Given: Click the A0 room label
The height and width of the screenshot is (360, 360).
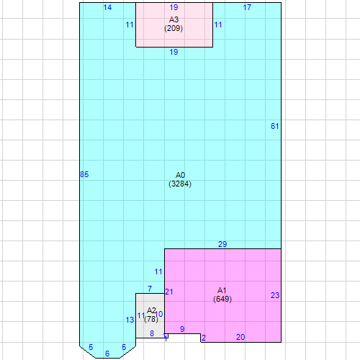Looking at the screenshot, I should (x=181, y=175).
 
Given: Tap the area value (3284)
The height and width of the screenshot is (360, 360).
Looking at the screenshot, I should (x=180, y=184).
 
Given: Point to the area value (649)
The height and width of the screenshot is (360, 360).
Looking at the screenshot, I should (x=222, y=299).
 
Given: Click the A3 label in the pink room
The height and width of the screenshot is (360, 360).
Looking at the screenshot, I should (x=174, y=19).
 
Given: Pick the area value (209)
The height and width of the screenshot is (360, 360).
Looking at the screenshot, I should (x=174, y=29).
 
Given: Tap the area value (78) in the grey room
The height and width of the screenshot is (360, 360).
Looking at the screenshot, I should (x=151, y=319).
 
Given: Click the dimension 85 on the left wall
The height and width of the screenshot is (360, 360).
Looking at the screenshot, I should (x=84, y=174).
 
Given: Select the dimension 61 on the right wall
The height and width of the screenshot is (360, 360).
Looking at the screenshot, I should (x=274, y=127).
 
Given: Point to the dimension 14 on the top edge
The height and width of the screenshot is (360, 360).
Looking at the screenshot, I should (x=107, y=7).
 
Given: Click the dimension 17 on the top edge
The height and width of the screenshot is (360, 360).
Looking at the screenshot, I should (x=247, y=7).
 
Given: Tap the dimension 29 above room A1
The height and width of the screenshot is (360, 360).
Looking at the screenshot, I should (x=222, y=244).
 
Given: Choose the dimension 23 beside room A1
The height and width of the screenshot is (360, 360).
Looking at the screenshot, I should (x=275, y=295).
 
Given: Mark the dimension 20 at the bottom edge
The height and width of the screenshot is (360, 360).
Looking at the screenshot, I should (x=240, y=337).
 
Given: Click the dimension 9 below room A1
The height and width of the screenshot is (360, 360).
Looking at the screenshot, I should (x=182, y=329).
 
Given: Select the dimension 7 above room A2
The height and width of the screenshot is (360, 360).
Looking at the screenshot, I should (x=150, y=289).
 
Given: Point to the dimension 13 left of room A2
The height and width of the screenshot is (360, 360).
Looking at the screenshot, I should (x=130, y=320).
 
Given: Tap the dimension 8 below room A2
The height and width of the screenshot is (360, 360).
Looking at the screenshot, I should (x=152, y=333).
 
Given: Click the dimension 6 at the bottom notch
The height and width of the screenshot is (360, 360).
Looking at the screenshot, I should (x=107, y=354).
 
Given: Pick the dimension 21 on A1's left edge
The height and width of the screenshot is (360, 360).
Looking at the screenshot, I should (x=169, y=292).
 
